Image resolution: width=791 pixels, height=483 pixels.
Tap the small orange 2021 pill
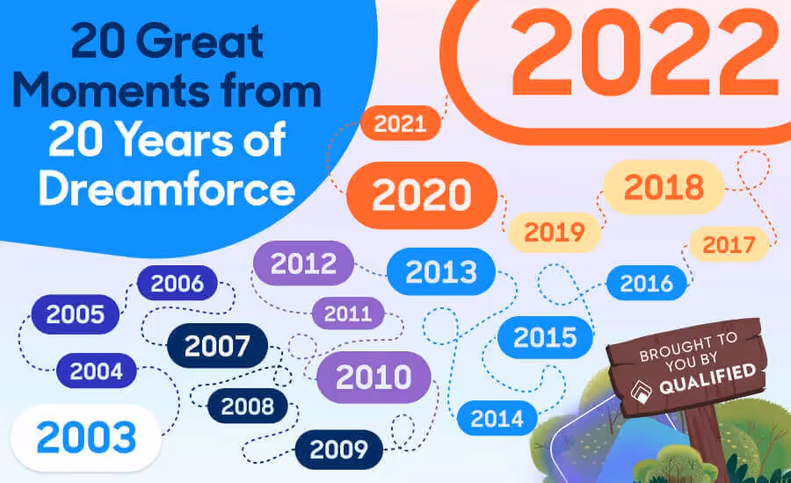click(399, 124)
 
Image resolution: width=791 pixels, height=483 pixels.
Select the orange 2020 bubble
click(422, 195)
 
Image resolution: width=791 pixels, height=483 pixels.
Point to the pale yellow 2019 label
click(555, 233)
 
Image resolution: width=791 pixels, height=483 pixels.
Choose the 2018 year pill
click(664, 187)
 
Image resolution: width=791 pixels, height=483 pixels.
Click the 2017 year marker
click(729, 243)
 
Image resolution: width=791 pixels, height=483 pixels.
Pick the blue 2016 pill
click(646, 283)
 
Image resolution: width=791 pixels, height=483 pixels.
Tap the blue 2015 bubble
click(545, 336)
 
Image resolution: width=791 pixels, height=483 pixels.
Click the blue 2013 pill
click(440, 271)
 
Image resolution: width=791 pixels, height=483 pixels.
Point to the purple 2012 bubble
click(303, 263)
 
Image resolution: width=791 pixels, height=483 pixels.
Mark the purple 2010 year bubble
click(374, 377)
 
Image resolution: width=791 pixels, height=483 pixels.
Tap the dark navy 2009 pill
click(338, 450)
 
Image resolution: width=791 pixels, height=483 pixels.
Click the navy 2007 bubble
click(217, 346)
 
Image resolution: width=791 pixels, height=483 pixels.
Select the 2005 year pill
click(76, 314)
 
